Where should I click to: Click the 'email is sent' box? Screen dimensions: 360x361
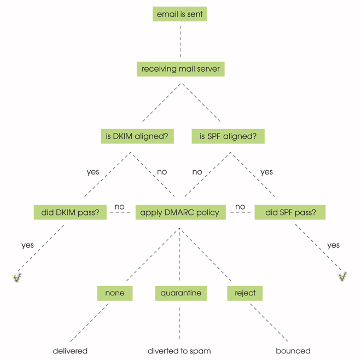click(180, 14)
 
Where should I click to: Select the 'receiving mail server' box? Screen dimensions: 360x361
click(180, 69)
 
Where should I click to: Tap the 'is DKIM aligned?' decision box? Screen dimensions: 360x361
click(137, 136)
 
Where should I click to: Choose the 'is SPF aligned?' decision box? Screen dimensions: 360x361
click(228, 136)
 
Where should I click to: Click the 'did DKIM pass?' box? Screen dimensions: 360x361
click(69, 212)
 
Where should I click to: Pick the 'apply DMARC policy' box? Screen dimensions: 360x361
click(180, 212)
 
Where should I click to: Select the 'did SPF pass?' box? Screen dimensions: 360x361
click(290, 212)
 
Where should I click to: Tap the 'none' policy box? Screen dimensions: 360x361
click(114, 293)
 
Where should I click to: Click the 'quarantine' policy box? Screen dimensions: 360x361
click(180, 293)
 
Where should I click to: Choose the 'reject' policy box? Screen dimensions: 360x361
click(245, 293)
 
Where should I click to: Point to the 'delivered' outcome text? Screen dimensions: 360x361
click(70, 351)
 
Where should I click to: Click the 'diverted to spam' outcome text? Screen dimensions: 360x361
click(179, 351)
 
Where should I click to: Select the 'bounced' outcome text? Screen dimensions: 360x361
click(293, 351)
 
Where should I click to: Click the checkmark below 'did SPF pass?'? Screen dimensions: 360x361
click(342, 277)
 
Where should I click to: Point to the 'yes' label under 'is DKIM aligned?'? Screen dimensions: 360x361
click(93, 172)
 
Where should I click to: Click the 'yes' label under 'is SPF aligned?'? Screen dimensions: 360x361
click(266, 172)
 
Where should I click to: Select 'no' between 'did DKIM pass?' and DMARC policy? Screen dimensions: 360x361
click(119, 207)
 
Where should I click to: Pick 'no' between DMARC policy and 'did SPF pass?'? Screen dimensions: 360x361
click(240, 207)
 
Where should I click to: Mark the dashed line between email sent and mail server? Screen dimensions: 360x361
click(180, 41)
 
